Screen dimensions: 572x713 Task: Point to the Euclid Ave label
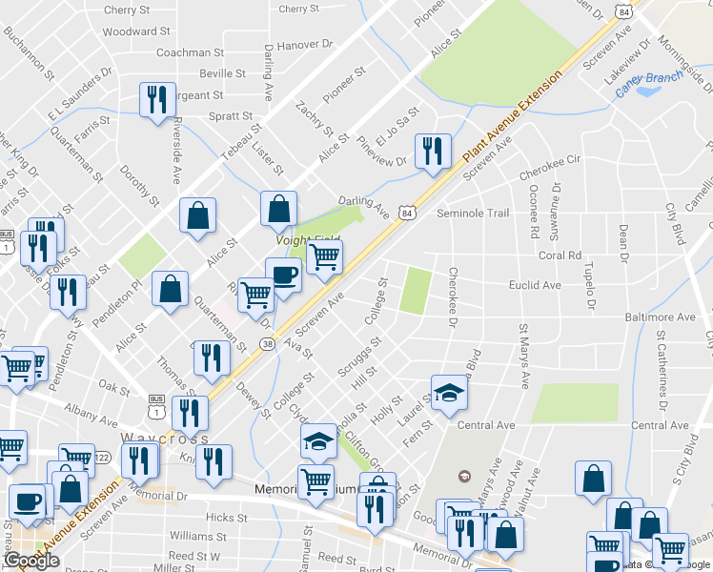536,285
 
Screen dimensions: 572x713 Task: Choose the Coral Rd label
560,255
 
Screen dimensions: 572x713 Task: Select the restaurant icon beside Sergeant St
155,99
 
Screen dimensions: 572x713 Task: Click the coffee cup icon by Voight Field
283,276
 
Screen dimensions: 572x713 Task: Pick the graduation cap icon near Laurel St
448,391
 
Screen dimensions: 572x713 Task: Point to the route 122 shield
103,458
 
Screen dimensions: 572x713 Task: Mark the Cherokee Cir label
550,175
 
